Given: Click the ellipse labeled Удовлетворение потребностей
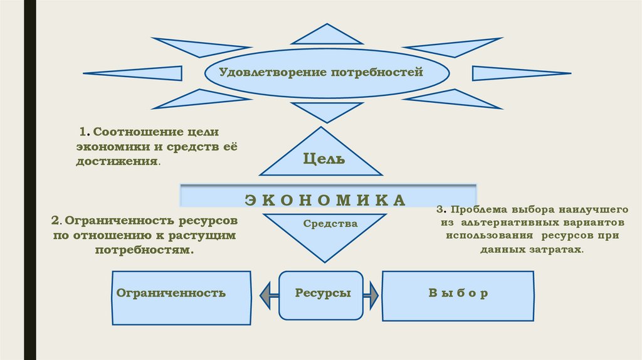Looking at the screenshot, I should click(x=327, y=74).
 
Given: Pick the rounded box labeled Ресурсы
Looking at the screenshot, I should click(x=321, y=294).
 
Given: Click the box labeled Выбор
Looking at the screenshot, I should click(x=458, y=295).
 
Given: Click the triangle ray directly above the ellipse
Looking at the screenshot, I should click(x=327, y=36).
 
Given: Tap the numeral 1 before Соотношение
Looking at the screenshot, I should click(x=82, y=132).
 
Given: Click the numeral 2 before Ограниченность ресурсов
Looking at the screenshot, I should click(x=55, y=221).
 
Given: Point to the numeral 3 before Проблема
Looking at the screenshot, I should click(x=440, y=209).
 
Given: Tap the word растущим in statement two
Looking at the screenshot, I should click(x=206, y=235).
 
